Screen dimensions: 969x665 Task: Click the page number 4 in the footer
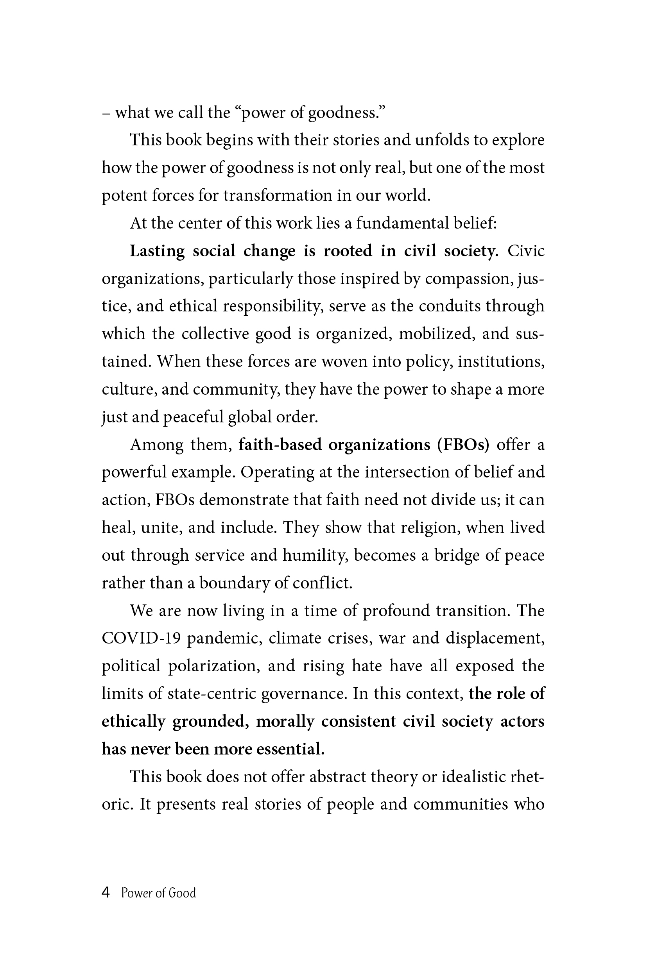[x=106, y=893]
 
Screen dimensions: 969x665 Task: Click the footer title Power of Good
[x=159, y=893]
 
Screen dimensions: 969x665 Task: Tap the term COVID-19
[x=141, y=638]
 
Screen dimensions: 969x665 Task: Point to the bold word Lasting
[x=157, y=251]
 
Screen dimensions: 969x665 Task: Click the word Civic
[x=526, y=251]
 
